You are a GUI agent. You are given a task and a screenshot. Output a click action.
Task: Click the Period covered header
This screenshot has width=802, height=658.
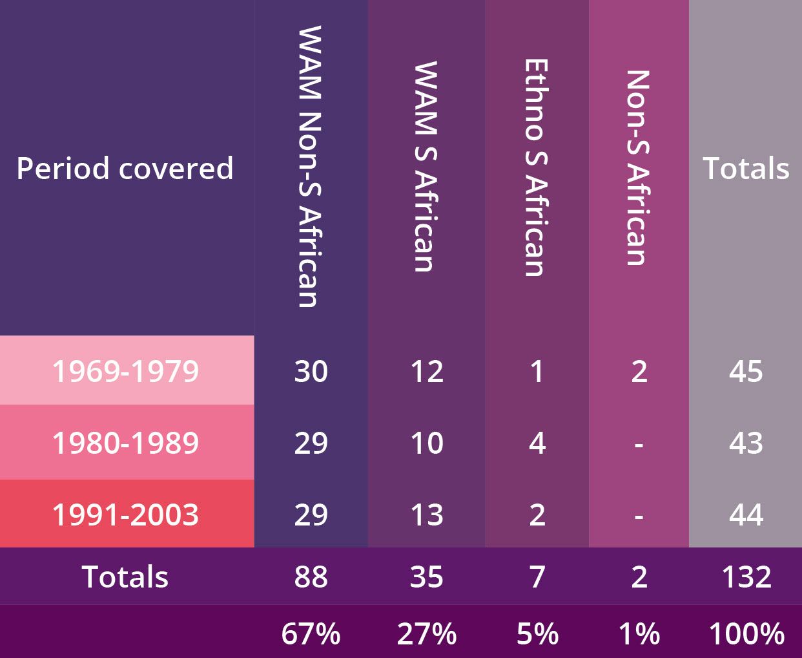[125, 168]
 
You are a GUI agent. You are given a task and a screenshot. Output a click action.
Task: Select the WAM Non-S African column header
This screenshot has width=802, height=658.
[310, 167]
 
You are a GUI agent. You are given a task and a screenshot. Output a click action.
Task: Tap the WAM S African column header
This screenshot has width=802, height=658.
[426, 167]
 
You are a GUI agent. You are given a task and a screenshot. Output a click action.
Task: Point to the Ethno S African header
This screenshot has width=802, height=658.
[537, 168]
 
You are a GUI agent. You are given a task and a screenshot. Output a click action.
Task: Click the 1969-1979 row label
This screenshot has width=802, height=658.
[125, 371]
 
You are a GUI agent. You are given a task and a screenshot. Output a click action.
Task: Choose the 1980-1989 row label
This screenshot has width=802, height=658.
[125, 443]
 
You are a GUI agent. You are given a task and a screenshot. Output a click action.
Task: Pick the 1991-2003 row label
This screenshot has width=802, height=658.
[125, 515]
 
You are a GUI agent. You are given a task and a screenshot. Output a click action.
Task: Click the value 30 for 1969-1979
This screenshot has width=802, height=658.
[311, 371]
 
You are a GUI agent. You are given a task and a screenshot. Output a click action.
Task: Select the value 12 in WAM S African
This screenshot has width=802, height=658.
[427, 371]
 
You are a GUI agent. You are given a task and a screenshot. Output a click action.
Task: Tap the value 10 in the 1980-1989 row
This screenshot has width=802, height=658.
[427, 443]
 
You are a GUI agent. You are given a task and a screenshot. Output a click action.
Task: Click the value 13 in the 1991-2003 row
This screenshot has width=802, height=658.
[427, 515]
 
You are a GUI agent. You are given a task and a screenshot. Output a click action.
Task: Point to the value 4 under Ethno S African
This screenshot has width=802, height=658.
[537, 443]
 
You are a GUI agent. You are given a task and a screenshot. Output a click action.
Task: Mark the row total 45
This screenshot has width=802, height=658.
[746, 371]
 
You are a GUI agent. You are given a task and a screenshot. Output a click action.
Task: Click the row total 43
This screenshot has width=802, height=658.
[746, 443]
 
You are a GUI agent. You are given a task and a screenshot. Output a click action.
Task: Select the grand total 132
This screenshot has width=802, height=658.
[746, 577]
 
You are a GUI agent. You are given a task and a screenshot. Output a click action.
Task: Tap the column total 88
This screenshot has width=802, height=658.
[311, 577]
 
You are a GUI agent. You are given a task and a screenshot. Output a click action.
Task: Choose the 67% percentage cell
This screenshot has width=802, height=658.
[311, 633]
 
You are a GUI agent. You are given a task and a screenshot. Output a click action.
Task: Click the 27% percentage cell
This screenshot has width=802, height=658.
[427, 633]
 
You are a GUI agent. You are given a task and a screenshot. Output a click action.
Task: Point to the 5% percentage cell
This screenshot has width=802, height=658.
[537, 633]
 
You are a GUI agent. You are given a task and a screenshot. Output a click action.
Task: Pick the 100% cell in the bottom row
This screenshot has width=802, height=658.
[746, 633]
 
